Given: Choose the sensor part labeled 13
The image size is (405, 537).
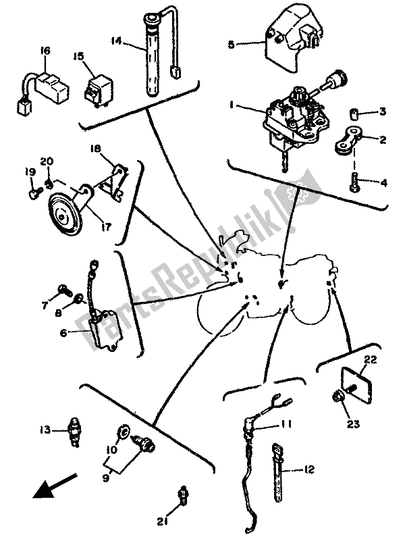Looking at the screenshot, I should click(73, 430).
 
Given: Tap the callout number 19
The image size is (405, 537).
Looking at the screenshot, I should click(28, 173).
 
